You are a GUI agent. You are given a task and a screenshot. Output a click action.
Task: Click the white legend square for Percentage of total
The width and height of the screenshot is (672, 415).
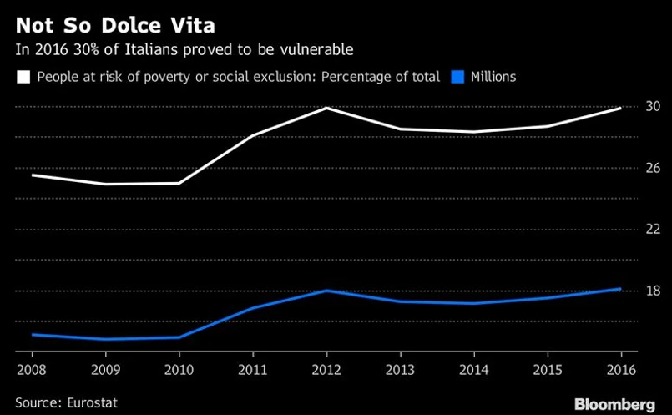coord(23,77)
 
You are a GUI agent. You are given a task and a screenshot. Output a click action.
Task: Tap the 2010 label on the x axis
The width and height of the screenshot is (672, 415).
coord(179,367)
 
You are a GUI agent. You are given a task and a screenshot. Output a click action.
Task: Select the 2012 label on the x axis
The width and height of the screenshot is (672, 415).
coord(326,367)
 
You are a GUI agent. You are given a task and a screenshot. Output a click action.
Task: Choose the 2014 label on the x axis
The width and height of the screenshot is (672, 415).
coord(474,367)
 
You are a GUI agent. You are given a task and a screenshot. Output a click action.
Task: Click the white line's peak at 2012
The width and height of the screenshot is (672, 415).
coord(326,108)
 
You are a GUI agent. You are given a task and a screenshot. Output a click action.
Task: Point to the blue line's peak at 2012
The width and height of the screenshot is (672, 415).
coord(326,291)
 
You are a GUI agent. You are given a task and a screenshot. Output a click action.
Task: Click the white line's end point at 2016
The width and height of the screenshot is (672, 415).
coord(620,108)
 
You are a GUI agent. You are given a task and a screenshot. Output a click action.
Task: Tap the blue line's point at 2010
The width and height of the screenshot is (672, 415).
coord(179,337)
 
